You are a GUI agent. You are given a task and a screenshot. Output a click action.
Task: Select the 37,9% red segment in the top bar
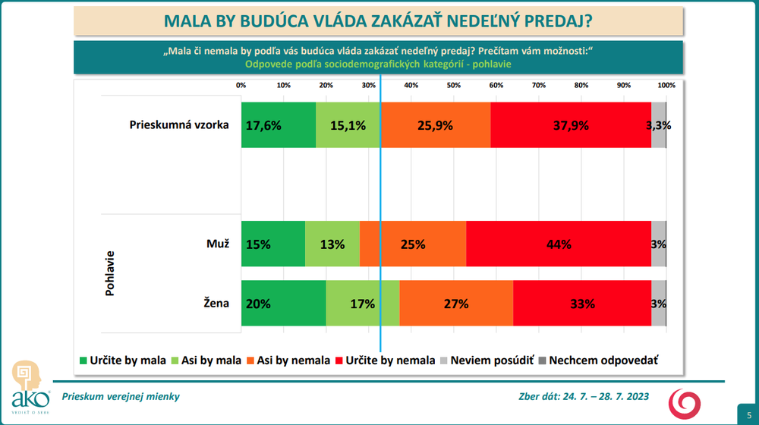coord(570,125)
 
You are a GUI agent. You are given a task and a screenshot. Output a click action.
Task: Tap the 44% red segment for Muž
coord(558,244)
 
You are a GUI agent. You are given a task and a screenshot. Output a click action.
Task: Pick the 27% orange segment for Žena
coord(455,304)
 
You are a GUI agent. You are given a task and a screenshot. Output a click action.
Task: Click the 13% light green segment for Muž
coord(332,244)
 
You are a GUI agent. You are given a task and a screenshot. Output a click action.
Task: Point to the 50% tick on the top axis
coord(454,86)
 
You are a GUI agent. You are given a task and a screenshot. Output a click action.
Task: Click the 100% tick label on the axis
coord(666,86)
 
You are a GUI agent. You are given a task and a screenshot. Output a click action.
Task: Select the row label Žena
coord(216,304)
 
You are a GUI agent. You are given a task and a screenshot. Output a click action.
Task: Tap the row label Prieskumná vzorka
coord(179,125)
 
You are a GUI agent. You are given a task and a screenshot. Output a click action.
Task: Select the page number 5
coord(748,414)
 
